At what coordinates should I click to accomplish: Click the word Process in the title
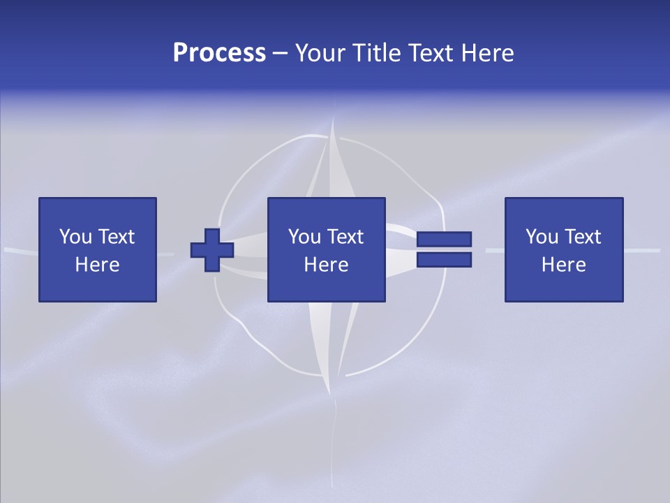[219, 53]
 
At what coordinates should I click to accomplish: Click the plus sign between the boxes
[212, 250]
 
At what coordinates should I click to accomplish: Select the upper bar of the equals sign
[444, 240]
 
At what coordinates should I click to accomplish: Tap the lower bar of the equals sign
[444, 260]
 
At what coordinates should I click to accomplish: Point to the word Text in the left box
[115, 237]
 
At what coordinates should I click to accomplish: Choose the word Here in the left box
[97, 265]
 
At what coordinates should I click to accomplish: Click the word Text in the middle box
[345, 237]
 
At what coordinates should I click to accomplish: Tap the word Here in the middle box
[326, 265]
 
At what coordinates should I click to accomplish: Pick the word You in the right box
[542, 237]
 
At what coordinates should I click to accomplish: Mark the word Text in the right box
[582, 237]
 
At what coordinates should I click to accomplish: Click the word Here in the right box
[563, 265]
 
